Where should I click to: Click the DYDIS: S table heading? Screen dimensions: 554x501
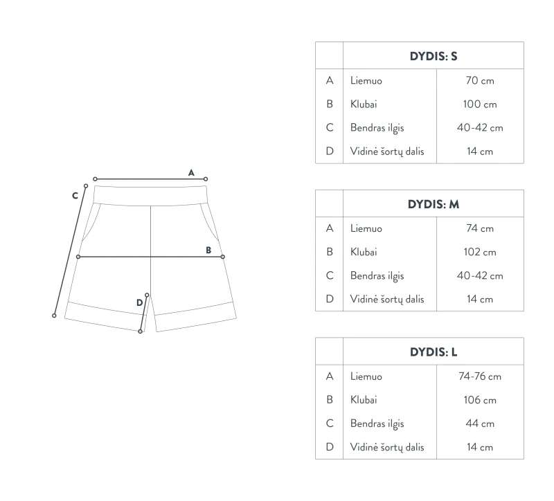tap(434, 56)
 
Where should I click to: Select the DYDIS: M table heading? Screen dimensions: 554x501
tap(434, 204)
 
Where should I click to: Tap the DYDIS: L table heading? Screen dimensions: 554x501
tap(434, 352)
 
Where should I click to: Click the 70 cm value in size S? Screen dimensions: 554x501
tap(480, 80)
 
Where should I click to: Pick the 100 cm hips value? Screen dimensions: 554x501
tap(480, 104)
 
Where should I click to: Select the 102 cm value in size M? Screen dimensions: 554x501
tap(480, 252)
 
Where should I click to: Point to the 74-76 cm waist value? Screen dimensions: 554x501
tap(480, 376)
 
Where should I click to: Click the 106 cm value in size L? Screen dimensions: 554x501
tap(480, 400)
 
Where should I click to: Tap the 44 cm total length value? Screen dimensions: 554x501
tap(480, 423)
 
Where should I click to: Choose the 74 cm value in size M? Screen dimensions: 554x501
tap(480, 228)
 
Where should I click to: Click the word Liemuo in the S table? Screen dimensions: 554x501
tap(366, 80)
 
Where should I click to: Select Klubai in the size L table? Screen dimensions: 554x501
tap(364, 400)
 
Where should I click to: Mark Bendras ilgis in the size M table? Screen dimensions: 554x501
tap(377, 276)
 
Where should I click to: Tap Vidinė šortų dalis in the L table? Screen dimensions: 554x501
tap(387, 447)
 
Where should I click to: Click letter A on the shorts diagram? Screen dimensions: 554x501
tap(191, 172)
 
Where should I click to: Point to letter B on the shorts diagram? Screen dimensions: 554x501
tap(208, 250)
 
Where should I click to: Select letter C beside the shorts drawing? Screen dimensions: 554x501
tap(75, 196)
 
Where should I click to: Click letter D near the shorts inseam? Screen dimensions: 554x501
tap(140, 302)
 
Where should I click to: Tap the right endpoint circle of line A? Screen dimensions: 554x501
tap(206, 179)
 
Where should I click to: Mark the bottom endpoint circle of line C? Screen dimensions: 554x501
tap(54, 316)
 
